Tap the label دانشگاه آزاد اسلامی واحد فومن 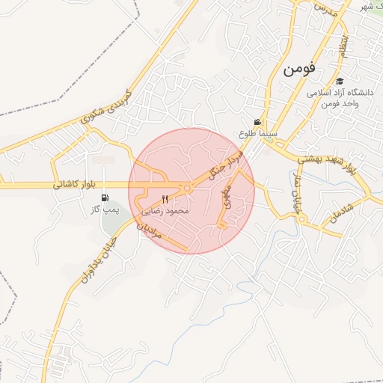point(333,98)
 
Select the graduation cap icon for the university point(340,82)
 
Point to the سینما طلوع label point(259,134)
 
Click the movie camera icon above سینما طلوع point(258,123)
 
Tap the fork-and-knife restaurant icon point(165,200)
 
